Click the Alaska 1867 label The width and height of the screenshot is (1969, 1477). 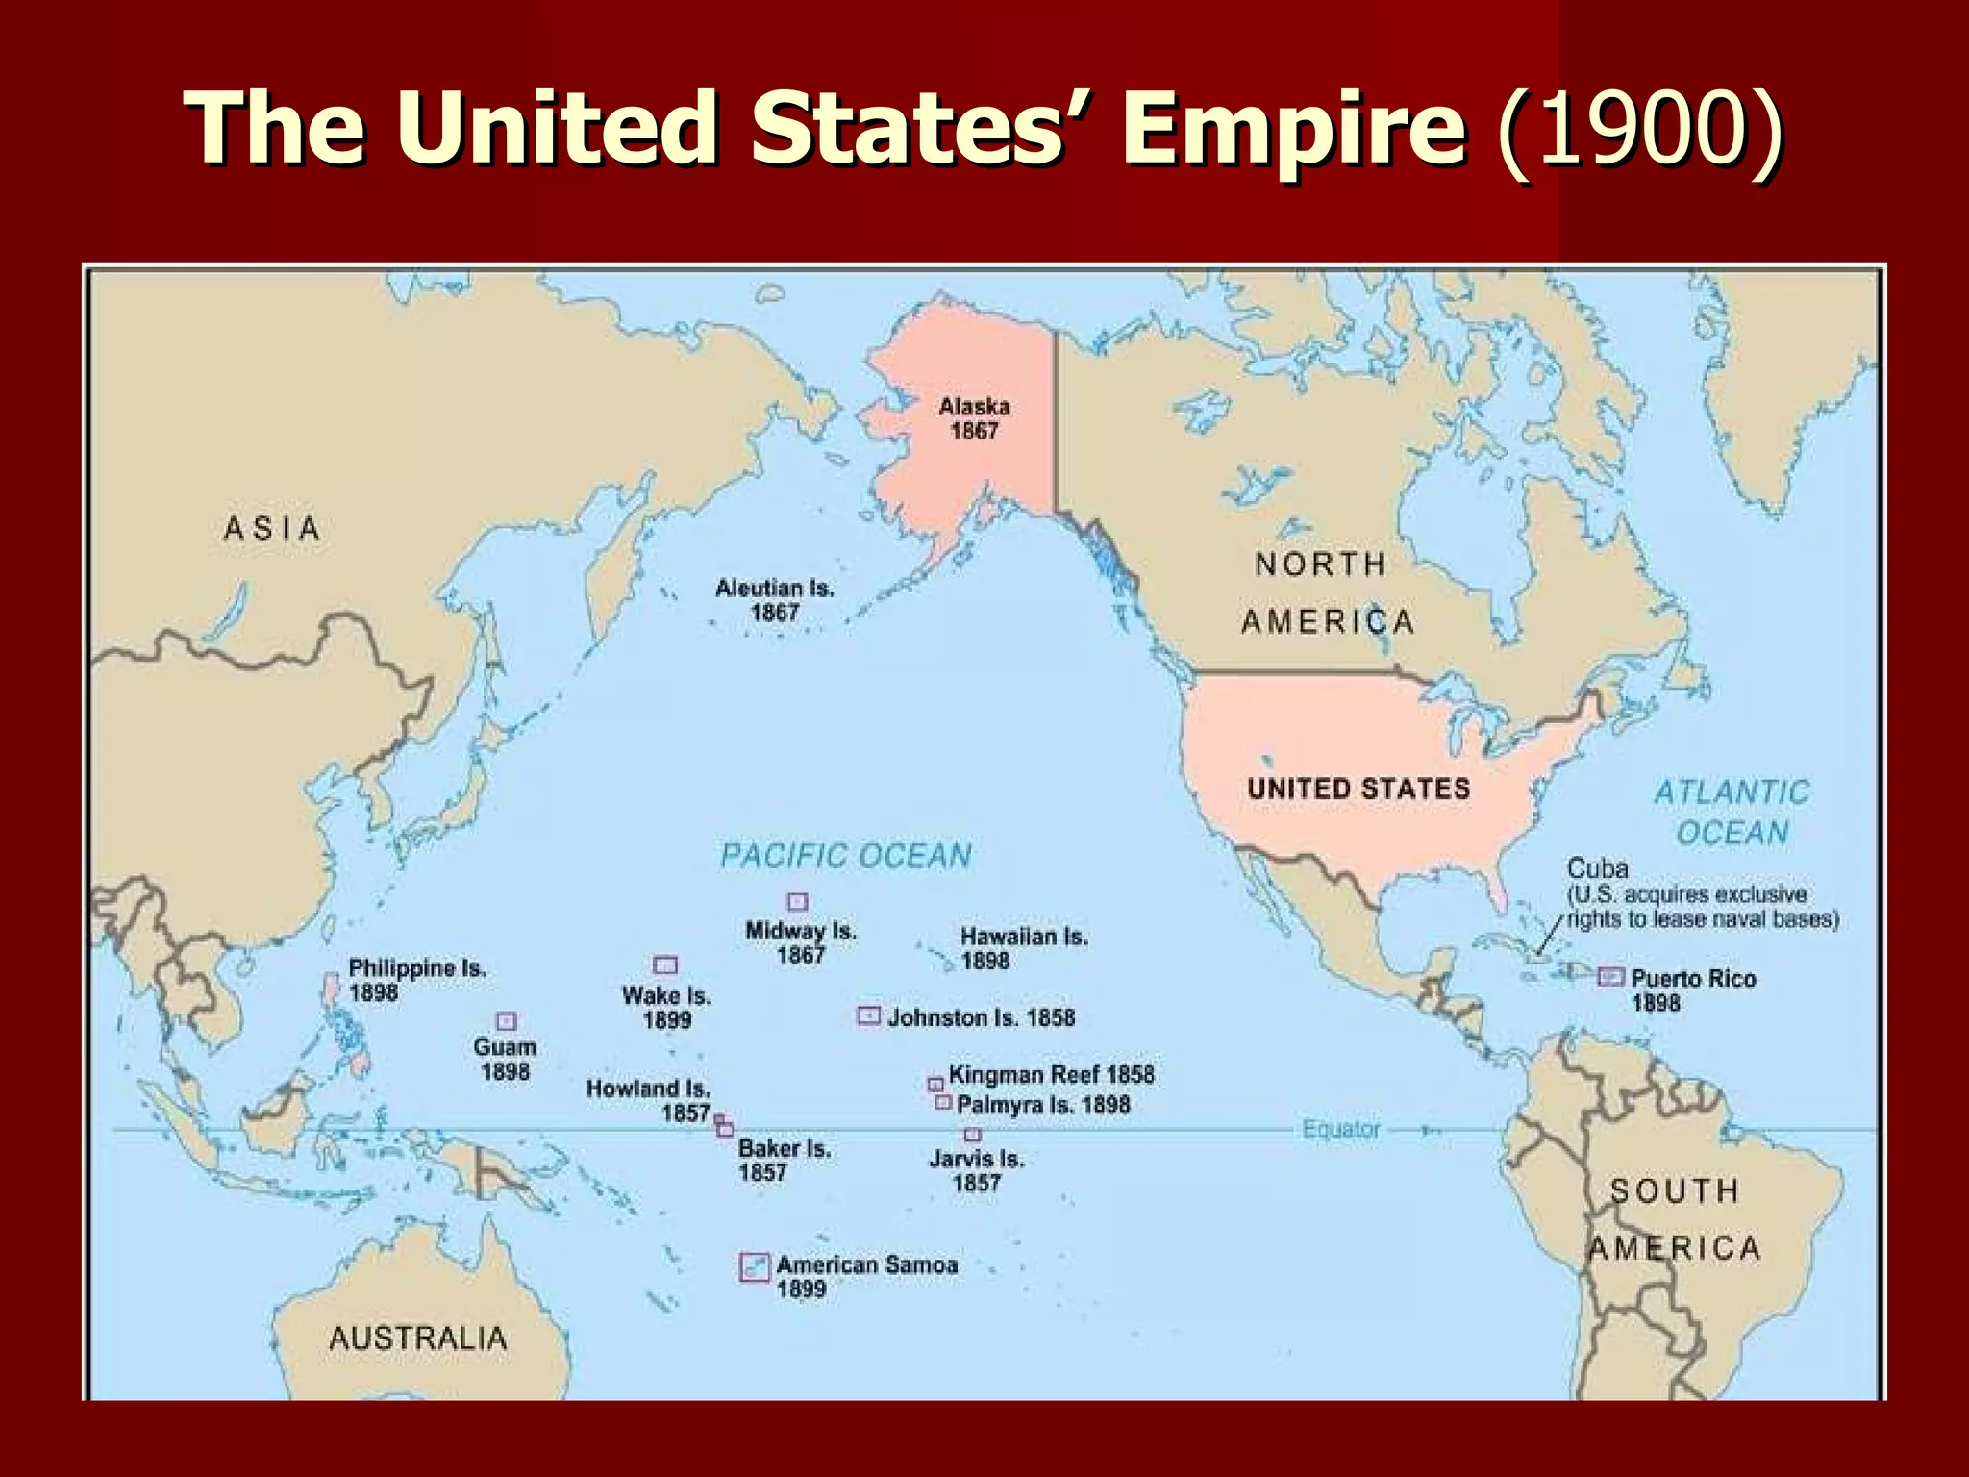pyautogui.click(x=974, y=419)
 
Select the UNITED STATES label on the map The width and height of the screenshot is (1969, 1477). pyautogui.click(x=1358, y=789)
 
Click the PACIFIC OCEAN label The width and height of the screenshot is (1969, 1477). pyautogui.click(x=846, y=856)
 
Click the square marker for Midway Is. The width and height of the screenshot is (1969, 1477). pyautogui.click(x=797, y=902)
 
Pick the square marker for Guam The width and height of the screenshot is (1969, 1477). pyautogui.click(x=506, y=1021)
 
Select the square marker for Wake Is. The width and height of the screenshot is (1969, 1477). pyautogui.click(x=665, y=964)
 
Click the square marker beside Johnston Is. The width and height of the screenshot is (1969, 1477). pyautogui.click(x=868, y=1015)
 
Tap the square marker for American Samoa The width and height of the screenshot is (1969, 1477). pyautogui.click(x=755, y=1266)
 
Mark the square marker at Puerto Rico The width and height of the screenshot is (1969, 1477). pyautogui.click(x=1610, y=977)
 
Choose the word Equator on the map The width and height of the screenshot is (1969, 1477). pyautogui.click(x=1341, y=1129)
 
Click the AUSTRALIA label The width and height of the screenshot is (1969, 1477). pyautogui.click(x=417, y=1338)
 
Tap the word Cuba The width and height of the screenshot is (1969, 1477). pyautogui.click(x=1598, y=869)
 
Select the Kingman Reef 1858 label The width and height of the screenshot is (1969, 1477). pyautogui.click(x=1051, y=1075)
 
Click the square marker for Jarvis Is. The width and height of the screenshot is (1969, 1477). pyautogui.click(x=973, y=1136)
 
